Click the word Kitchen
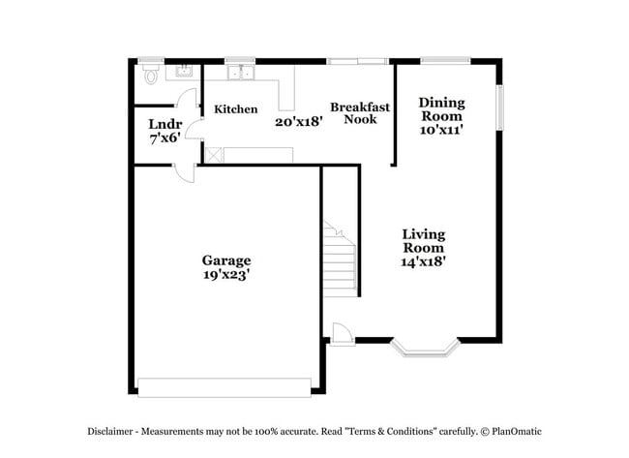(236, 109)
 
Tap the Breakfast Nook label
(360, 113)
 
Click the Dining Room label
(440, 109)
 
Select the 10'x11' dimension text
(440, 130)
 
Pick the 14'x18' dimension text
(423, 260)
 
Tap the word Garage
(226, 260)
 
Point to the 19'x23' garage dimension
(226, 274)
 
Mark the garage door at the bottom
(225, 386)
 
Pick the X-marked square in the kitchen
(213, 154)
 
